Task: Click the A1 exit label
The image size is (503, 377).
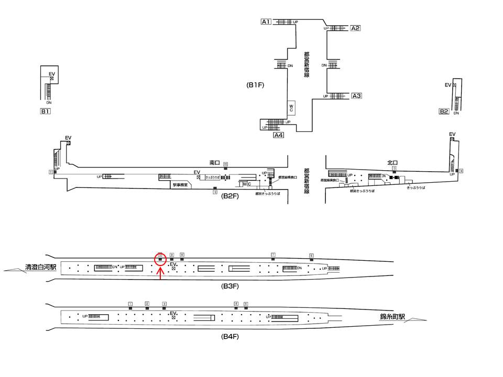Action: pos(266,21)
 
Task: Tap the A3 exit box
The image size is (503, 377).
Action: pos(356,96)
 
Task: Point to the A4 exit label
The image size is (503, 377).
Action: pos(278,135)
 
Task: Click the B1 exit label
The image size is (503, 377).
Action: pos(46,111)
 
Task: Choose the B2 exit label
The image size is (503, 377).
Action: pos(444,111)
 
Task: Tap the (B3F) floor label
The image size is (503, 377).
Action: pos(230,287)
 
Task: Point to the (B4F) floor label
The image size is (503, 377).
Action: pos(230,337)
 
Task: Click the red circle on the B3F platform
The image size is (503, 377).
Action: pos(160,258)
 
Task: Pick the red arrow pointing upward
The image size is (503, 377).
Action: pos(160,273)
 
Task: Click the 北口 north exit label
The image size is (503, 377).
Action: pos(392,163)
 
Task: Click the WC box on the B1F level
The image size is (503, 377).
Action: pos(291,108)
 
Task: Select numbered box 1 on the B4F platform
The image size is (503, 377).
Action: pos(130,304)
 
